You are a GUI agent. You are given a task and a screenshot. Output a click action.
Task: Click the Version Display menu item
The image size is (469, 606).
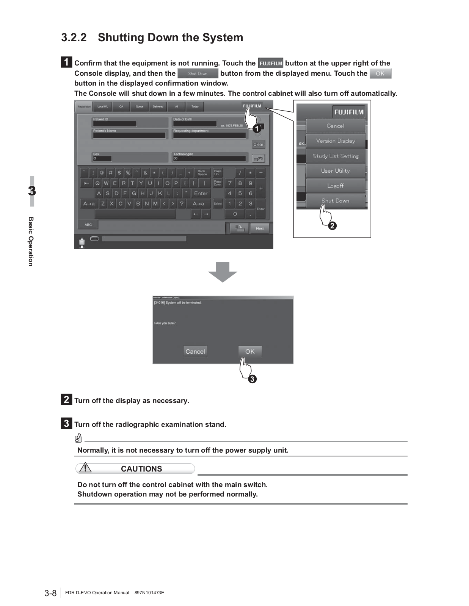click(x=336, y=141)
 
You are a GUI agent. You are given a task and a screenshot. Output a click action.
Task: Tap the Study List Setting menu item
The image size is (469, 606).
click(x=336, y=156)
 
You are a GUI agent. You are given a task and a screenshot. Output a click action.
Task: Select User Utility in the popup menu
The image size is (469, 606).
click(x=336, y=171)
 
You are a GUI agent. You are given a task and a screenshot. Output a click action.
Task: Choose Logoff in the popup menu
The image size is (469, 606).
click(x=336, y=186)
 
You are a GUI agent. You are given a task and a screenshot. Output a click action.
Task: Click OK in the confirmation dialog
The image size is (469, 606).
click(x=250, y=351)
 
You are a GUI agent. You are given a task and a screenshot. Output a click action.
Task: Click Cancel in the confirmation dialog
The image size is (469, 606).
click(x=195, y=351)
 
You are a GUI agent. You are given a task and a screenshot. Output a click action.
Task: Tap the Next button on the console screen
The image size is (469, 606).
click(x=260, y=228)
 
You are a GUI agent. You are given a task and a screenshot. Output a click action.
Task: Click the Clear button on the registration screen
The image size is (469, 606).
click(x=258, y=144)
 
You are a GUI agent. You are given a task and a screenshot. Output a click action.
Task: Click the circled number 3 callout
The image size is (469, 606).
click(x=252, y=379)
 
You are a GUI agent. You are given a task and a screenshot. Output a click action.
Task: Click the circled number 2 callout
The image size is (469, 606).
click(x=332, y=226)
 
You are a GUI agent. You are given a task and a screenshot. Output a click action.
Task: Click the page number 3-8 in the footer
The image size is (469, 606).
click(x=50, y=593)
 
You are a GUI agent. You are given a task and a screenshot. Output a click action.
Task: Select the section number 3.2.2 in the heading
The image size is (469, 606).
click(x=74, y=37)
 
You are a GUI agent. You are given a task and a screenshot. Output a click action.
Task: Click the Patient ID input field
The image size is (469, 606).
click(x=115, y=124)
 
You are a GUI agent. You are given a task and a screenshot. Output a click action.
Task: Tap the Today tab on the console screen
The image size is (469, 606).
click(x=195, y=107)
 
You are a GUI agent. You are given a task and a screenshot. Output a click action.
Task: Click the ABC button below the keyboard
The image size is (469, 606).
click(x=88, y=225)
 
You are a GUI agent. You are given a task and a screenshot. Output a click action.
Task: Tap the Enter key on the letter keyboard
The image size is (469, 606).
click(x=201, y=193)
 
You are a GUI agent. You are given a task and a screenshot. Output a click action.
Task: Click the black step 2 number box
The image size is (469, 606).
click(x=66, y=400)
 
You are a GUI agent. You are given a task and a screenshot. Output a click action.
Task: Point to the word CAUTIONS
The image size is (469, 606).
click(x=141, y=469)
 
